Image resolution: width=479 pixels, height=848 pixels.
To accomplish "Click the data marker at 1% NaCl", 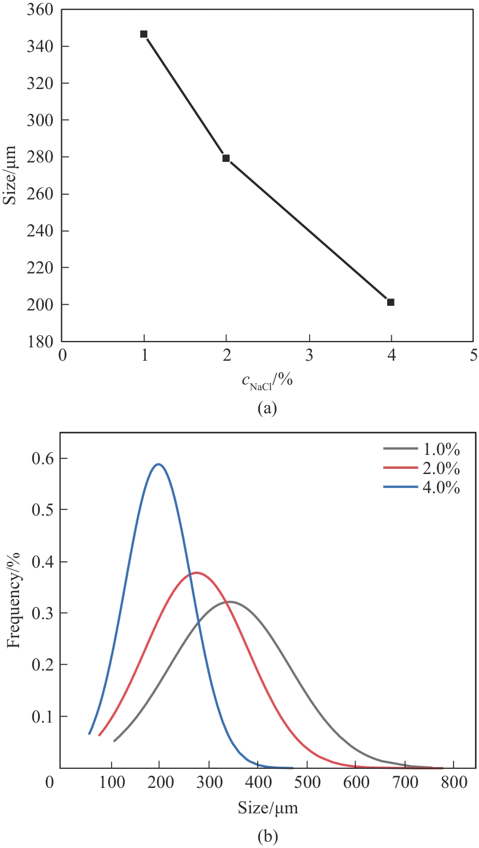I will pos(144,34).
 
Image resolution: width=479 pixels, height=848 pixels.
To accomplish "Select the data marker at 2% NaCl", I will pos(226,158).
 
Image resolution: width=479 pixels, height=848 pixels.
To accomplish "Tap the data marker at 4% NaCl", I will pos(391,302).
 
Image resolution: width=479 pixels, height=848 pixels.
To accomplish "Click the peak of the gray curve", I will pos(229,601).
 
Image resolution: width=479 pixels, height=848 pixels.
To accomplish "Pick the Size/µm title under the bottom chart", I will pos(268,807).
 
